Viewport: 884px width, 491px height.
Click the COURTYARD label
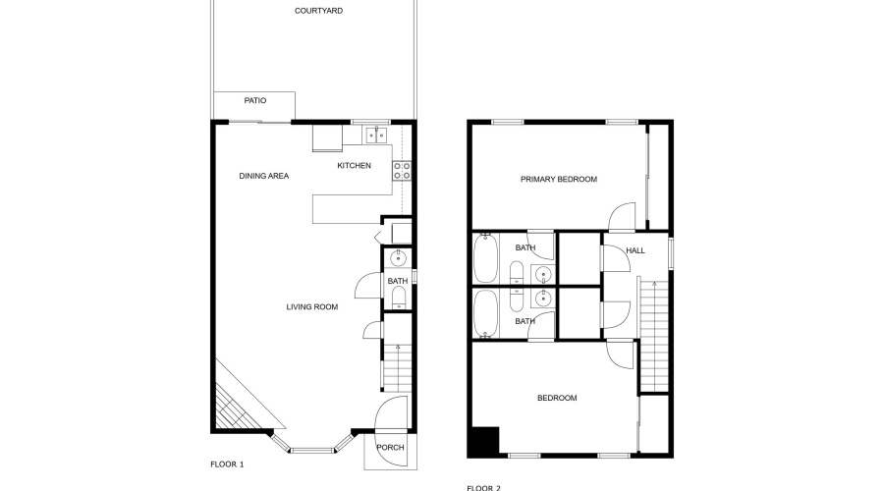311,12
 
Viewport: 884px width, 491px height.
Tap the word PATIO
255,100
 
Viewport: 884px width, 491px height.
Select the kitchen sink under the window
376,136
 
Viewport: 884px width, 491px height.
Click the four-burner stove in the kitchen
402,172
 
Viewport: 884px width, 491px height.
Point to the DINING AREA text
264,177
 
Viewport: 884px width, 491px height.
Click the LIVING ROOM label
311,307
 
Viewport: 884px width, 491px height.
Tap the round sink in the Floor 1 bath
398,259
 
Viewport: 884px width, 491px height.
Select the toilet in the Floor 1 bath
398,303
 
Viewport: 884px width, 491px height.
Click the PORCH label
391,448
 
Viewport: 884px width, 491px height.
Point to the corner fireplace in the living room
233,403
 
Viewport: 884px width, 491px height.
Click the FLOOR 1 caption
227,464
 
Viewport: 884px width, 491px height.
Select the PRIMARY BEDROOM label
558,180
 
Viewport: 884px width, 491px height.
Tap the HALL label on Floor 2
635,251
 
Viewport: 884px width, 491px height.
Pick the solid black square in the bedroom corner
484,441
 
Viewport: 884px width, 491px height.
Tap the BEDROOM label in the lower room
556,399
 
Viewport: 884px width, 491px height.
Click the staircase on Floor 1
397,369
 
